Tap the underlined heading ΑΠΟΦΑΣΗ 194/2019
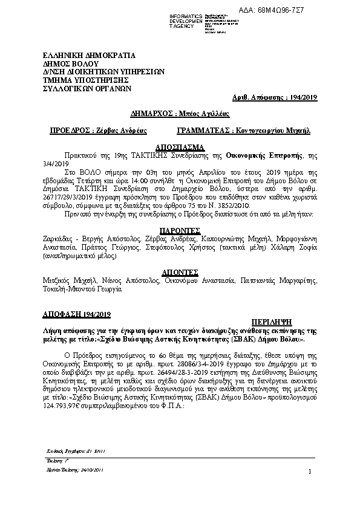(x=76, y=313)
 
